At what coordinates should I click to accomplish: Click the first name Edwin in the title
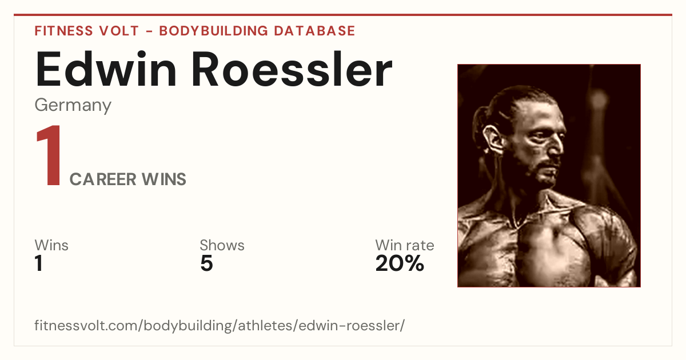[x=106, y=70]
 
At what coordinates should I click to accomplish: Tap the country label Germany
[x=73, y=106]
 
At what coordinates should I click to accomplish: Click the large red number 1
[x=49, y=155]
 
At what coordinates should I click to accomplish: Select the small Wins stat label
[x=51, y=245]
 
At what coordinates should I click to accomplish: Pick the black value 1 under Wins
[x=39, y=263]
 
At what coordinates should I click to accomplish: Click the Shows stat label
[x=222, y=245]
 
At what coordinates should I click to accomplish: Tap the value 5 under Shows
[x=206, y=263]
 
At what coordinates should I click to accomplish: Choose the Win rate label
[x=405, y=245]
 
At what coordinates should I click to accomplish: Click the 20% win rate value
[x=400, y=263]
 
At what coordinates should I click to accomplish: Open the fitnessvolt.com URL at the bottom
[x=220, y=325]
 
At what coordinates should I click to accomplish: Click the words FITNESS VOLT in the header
[x=87, y=31]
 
